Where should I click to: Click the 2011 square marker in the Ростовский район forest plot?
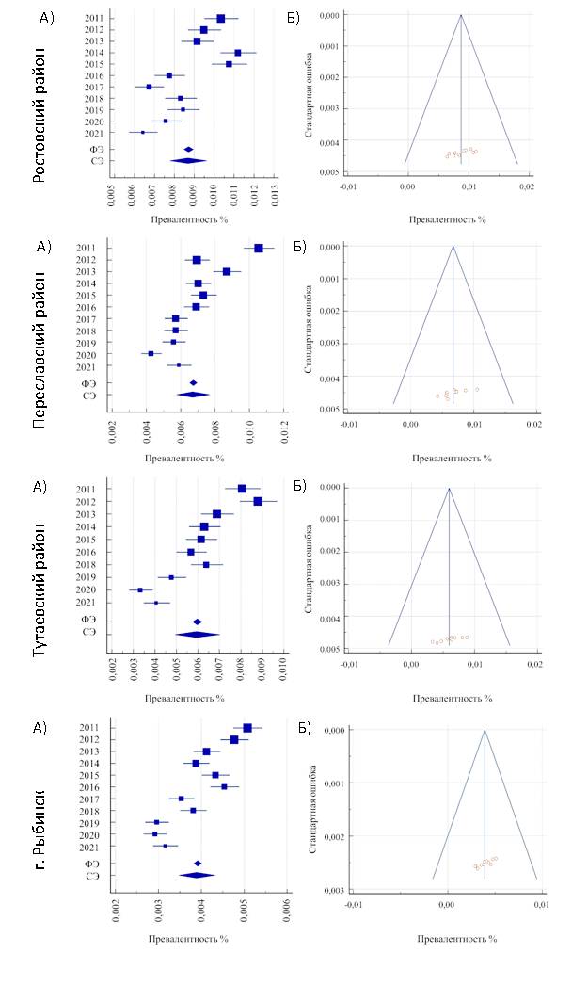pyautogui.click(x=221, y=18)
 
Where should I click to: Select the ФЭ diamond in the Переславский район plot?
pyautogui.click(x=194, y=383)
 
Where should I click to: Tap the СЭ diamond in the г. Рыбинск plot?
pyautogui.click(x=197, y=875)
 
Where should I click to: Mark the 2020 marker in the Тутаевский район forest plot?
pyautogui.click(x=140, y=589)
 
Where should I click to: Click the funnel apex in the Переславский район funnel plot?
pyautogui.click(x=453, y=247)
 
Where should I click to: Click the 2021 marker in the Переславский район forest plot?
pyautogui.click(x=179, y=365)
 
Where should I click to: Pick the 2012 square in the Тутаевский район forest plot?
pyautogui.click(x=258, y=501)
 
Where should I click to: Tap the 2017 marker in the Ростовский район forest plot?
pyautogui.click(x=149, y=87)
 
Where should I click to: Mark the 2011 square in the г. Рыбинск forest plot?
pyautogui.click(x=247, y=727)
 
